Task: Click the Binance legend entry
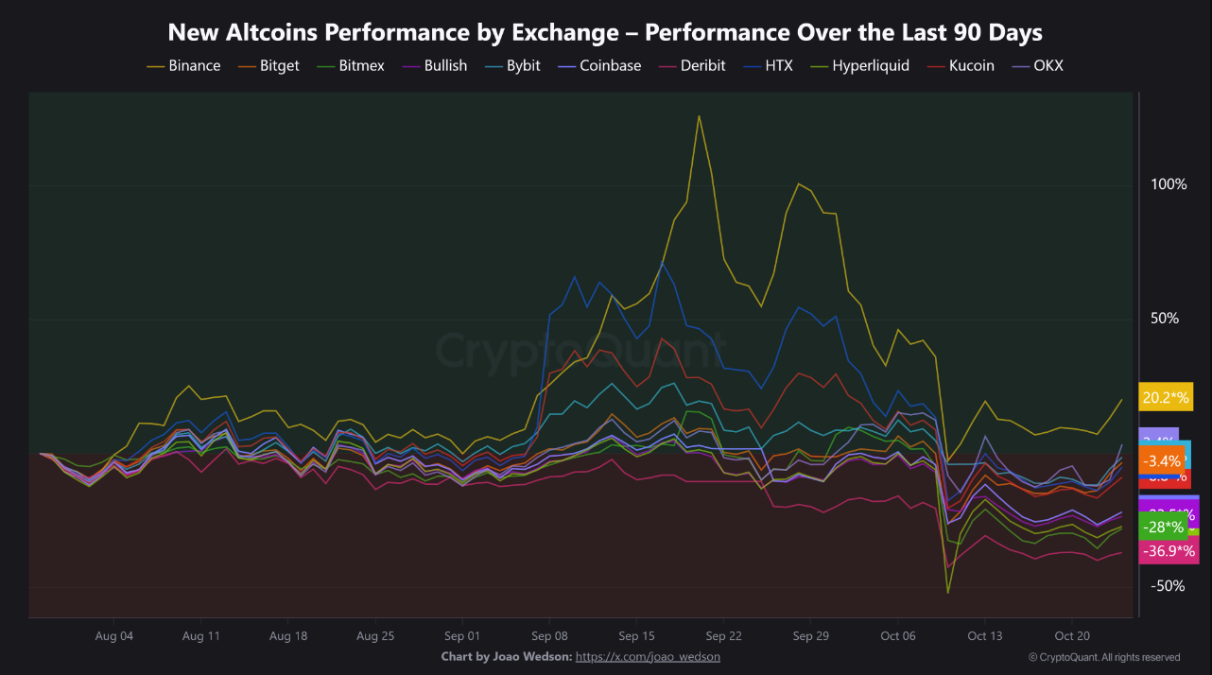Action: [194, 66]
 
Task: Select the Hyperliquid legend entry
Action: [870, 66]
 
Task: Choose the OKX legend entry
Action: [1048, 66]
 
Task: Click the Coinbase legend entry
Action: [610, 66]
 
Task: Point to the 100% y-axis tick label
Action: [1169, 184]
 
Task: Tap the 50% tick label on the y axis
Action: [1165, 319]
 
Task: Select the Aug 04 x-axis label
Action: [114, 636]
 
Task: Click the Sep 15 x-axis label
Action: [636, 636]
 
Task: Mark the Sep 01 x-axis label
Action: [462, 636]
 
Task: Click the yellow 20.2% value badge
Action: [1167, 398]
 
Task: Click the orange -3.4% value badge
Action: [1161, 461]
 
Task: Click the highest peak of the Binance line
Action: [699, 116]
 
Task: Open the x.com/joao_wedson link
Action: [648, 656]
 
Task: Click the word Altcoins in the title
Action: [274, 32]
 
